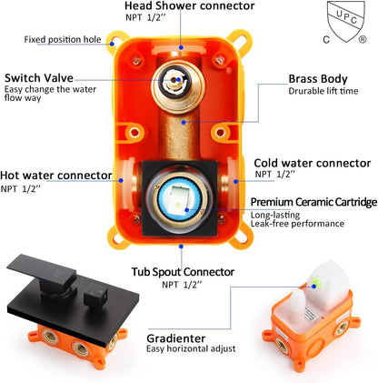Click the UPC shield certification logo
coord(346,22)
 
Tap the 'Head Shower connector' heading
coord(190,5)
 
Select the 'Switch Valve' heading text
coord(39,78)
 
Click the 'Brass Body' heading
coord(318,79)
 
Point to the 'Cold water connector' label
coord(313,163)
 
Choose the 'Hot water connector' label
coord(56,176)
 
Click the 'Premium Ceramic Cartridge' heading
coord(313,202)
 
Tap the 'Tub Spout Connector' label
coord(183,272)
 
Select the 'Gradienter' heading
coord(176,338)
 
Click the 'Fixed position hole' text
coord(63,39)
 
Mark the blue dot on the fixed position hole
coord(112,44)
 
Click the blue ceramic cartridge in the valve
coord(180,198)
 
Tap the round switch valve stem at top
coord(173,79)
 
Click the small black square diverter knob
coord(95,296)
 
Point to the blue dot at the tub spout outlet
coord(181,247)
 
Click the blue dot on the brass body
coord(184,122)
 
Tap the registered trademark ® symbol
coord(363,39)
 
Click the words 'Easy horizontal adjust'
coord(191,349)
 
